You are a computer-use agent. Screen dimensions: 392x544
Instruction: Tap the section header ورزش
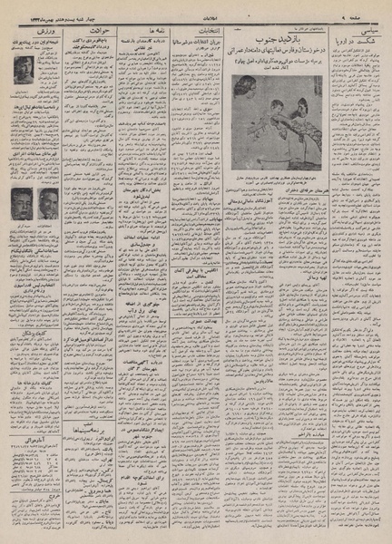coord(39,29)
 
